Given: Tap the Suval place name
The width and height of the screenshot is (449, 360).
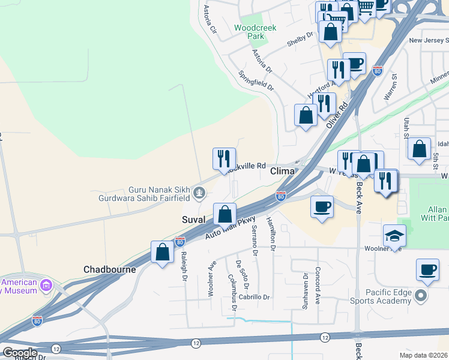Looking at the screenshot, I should point(194,220).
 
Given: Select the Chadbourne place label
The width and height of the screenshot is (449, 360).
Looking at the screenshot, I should point(110,269).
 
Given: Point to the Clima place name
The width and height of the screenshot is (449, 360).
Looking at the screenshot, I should point(283,171).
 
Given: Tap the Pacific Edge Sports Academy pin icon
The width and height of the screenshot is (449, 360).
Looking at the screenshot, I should point(421,295).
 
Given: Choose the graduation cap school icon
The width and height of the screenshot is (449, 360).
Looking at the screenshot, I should point(395,235).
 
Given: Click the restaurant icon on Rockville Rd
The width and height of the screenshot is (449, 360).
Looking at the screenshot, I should point(224,158).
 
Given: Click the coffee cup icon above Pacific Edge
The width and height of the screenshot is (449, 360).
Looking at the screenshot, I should point(427,269).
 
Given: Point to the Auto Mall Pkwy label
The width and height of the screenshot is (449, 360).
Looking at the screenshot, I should point(231,229).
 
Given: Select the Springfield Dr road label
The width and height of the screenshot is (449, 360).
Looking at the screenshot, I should point(256,82).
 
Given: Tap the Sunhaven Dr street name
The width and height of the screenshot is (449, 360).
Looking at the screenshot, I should point(306,286).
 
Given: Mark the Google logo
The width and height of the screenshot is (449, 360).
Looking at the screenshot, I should point(19,353).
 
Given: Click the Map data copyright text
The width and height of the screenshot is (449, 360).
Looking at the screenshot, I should point(424,355).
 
